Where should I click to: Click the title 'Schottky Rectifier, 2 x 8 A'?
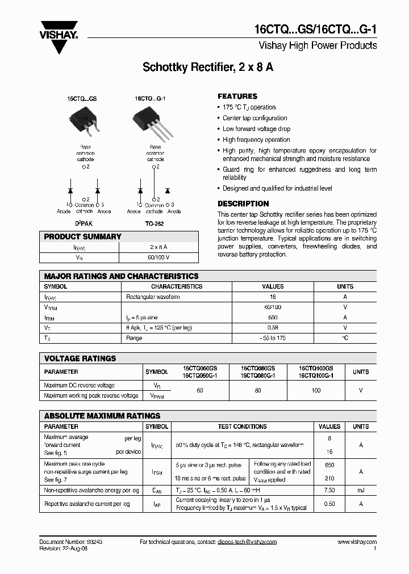tap(207, 67)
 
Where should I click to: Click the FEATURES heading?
tap(237, 96)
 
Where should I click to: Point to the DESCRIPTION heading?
tap(243, 204)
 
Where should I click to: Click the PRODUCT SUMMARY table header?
tap(82, 237)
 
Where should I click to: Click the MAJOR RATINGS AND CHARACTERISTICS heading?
tap(121, 276)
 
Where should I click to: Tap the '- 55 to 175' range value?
tap(273, 338)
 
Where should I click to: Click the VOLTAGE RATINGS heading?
tap(80, 358)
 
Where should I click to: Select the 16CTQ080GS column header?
tap(258, 368)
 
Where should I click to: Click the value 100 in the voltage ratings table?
tap(316, 390)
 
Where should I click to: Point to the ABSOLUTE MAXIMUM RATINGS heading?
tap(102, 416)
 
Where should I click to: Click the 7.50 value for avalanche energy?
tap(329, 490)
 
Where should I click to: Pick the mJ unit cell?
tap(361, 490)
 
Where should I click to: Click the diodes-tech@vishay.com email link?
tap(247, 542)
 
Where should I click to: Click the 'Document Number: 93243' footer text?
tap(71, 542)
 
